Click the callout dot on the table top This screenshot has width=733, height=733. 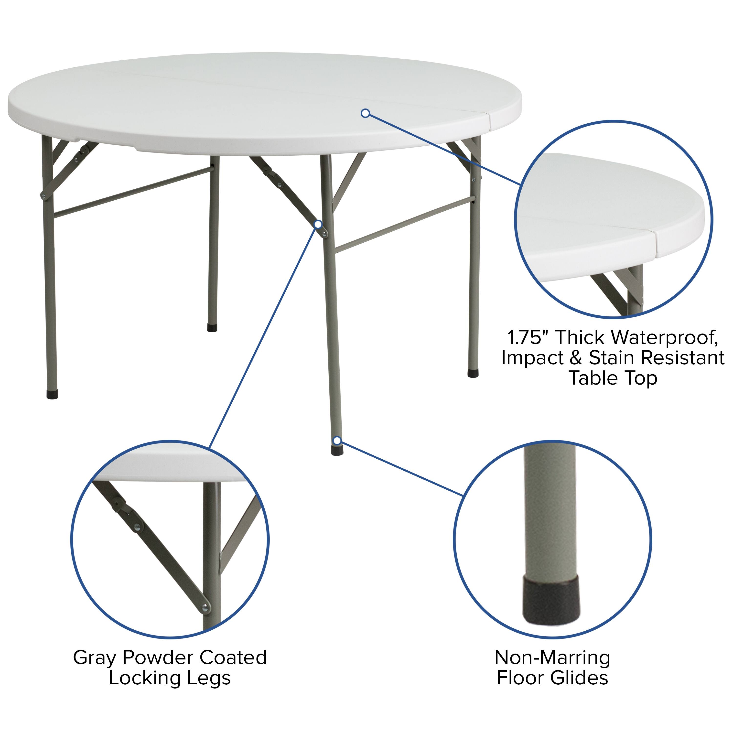click(x=365, y=113)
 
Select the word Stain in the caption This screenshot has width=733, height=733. click(x=610, y=358)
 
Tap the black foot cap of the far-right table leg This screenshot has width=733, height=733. click(x=473, y=373)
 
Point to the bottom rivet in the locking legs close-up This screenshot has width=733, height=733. click(x=205, y=609)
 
